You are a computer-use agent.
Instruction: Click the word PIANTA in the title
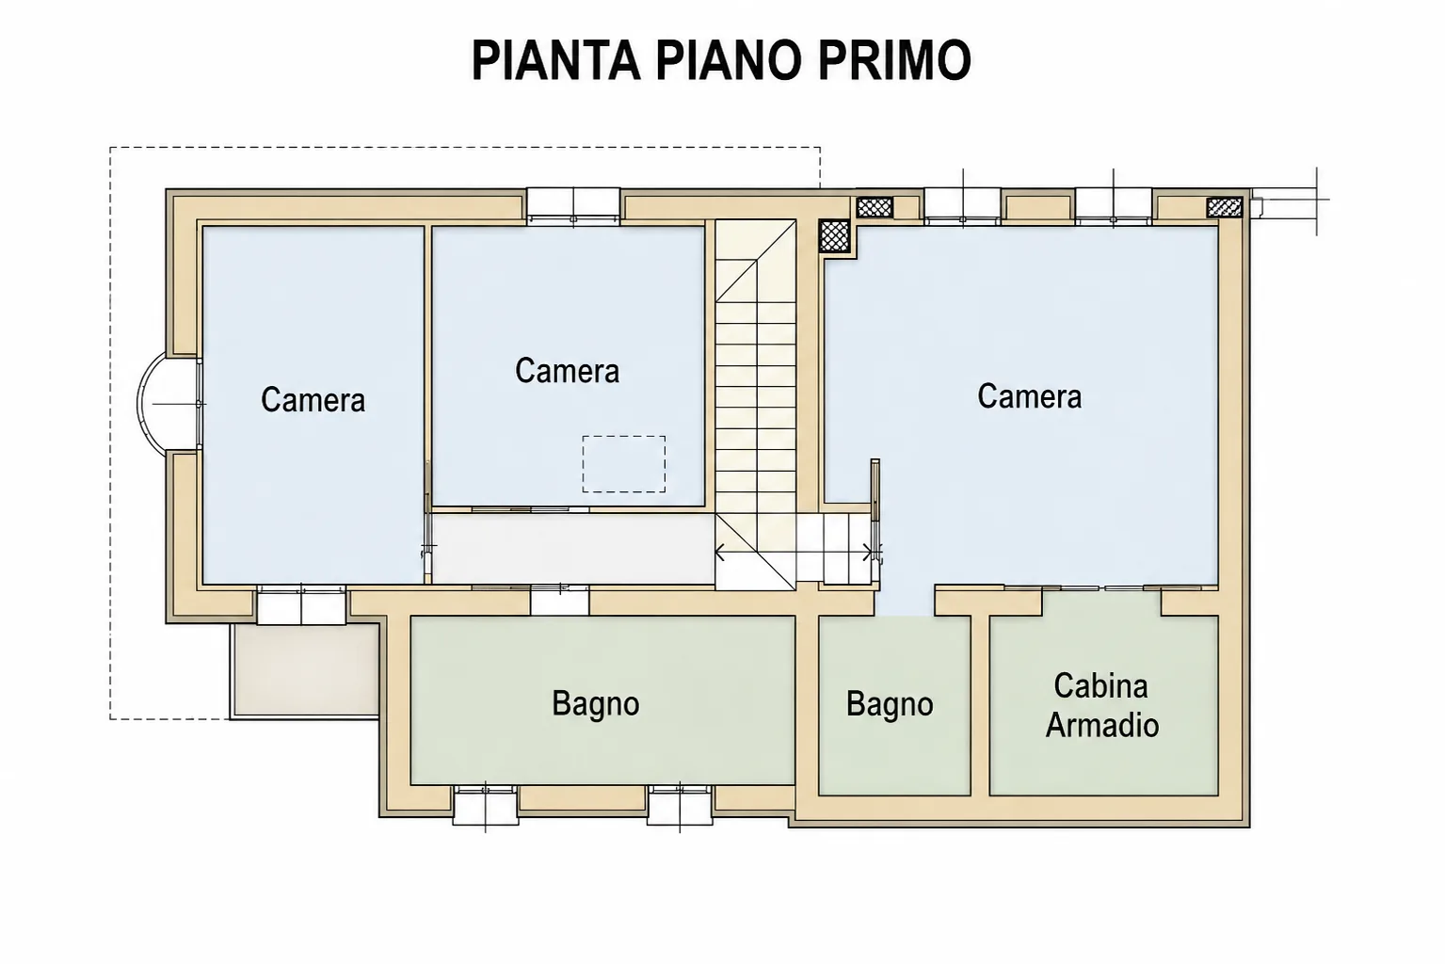(x=556, y=60)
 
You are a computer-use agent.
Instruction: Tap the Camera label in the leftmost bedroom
(x=313, y=399)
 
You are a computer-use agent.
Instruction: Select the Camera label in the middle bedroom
(x=567, y=370)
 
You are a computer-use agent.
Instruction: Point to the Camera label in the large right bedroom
(x=1030, y=395)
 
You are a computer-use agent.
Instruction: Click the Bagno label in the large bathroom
(x=596, y=704)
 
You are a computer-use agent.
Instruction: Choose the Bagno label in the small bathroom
(x=890, y=704)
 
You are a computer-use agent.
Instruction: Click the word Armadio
(x=1102, y=725)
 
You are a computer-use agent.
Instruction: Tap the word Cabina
(x=1101, y=686)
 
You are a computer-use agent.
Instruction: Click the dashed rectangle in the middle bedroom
(x=624, y=437)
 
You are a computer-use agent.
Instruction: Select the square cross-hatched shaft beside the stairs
(x=834, y=235)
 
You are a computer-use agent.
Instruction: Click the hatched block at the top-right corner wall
(x=1225, y=207)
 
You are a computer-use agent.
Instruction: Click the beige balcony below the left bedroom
(x=304, y=670)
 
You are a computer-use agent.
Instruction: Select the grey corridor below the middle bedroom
(x=573, y=549)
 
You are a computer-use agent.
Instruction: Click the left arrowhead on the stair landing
(x=720, y=553)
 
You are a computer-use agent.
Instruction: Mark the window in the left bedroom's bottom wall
(x=301, y=605)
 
